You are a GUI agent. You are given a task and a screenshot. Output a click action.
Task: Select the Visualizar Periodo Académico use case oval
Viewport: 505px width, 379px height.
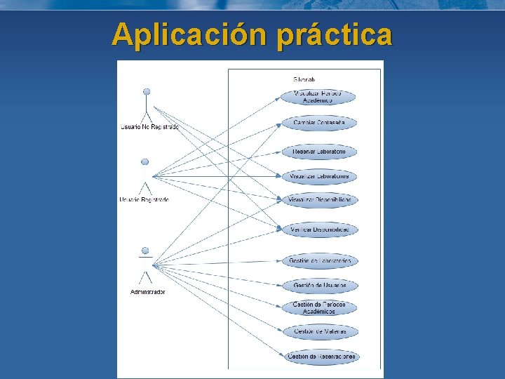(318, 97)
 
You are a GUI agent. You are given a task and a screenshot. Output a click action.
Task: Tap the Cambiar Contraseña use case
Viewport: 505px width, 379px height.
(318, 124)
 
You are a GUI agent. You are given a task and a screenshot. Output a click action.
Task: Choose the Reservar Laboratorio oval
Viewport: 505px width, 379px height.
(318, 152)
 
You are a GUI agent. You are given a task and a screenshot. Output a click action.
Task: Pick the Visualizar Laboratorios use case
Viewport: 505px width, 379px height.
(319, 175)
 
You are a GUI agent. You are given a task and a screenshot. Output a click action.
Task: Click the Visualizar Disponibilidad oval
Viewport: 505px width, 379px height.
(319, 200)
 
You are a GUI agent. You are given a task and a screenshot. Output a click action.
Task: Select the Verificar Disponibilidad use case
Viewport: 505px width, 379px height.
(319, 230)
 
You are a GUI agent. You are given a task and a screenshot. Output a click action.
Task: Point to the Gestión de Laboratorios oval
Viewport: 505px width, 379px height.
(319, 261)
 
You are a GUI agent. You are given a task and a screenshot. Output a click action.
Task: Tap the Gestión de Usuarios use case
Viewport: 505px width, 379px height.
(319, 286)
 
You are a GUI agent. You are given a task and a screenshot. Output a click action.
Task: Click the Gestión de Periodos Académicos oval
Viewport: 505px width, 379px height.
(319, 308)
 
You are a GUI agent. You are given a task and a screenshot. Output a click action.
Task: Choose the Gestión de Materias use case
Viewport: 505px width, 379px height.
(319, 331)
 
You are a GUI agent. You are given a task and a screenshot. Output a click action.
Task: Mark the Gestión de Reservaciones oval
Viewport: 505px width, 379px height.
(321, 357)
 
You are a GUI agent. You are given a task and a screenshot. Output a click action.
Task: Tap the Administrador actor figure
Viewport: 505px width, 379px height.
(146, 263)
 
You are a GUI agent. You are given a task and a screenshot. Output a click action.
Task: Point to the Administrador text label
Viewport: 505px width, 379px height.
(147, 292)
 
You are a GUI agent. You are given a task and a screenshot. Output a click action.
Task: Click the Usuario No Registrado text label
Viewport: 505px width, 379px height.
(149, 127)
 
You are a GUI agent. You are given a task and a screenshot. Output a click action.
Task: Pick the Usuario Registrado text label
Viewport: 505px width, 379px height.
(144, 200)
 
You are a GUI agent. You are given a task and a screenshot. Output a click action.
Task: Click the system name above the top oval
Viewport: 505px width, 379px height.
(304, 80)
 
